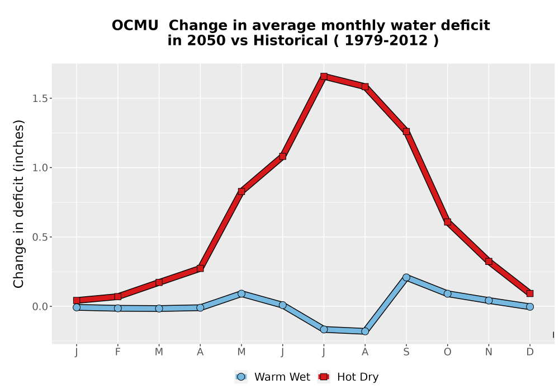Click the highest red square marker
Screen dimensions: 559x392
[x=324, y=76]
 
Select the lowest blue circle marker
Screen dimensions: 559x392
[x=364, y=332]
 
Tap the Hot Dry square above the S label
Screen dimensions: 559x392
[x=406, y=132]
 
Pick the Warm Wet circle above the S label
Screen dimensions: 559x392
[x=406, y=277]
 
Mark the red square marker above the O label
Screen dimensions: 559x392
[x=447, y=222]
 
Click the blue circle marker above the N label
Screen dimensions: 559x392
[x=489, y=301]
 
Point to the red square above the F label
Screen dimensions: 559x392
[x=117, y=296]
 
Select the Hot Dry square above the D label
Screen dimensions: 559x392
[x=530, y=293]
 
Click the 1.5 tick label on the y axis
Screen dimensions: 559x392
[x=40, y=99]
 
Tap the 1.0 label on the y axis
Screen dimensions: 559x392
[x=40, y=168]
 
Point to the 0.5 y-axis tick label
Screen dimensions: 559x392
[x=40, y=237]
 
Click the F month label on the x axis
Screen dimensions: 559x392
[x=117, y=352]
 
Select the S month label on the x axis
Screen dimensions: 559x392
[x=406, y=352]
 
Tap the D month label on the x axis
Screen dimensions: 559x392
[x=530, y=352]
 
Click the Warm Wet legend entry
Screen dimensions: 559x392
[x=273, y=377]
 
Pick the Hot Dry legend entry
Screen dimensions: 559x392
[x=348, y=377]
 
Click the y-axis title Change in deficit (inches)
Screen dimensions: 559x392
[x=18, y=204]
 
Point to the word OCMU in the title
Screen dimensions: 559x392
[x=135, y=26]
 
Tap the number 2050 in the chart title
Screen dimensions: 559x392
[x=206, y=41]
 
